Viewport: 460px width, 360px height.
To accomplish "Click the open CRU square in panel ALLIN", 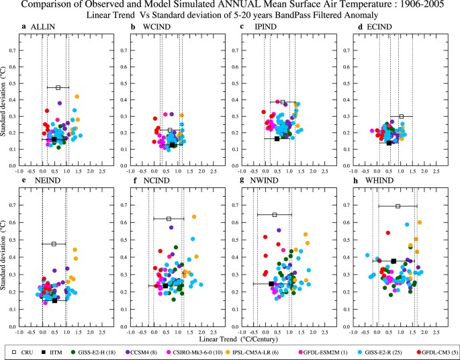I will coord(58,87).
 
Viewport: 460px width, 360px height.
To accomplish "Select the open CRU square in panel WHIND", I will coord(398,206).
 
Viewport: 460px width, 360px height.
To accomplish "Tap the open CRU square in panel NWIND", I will coord(275,215).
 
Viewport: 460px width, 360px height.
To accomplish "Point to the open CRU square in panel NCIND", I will coord(169,219).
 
